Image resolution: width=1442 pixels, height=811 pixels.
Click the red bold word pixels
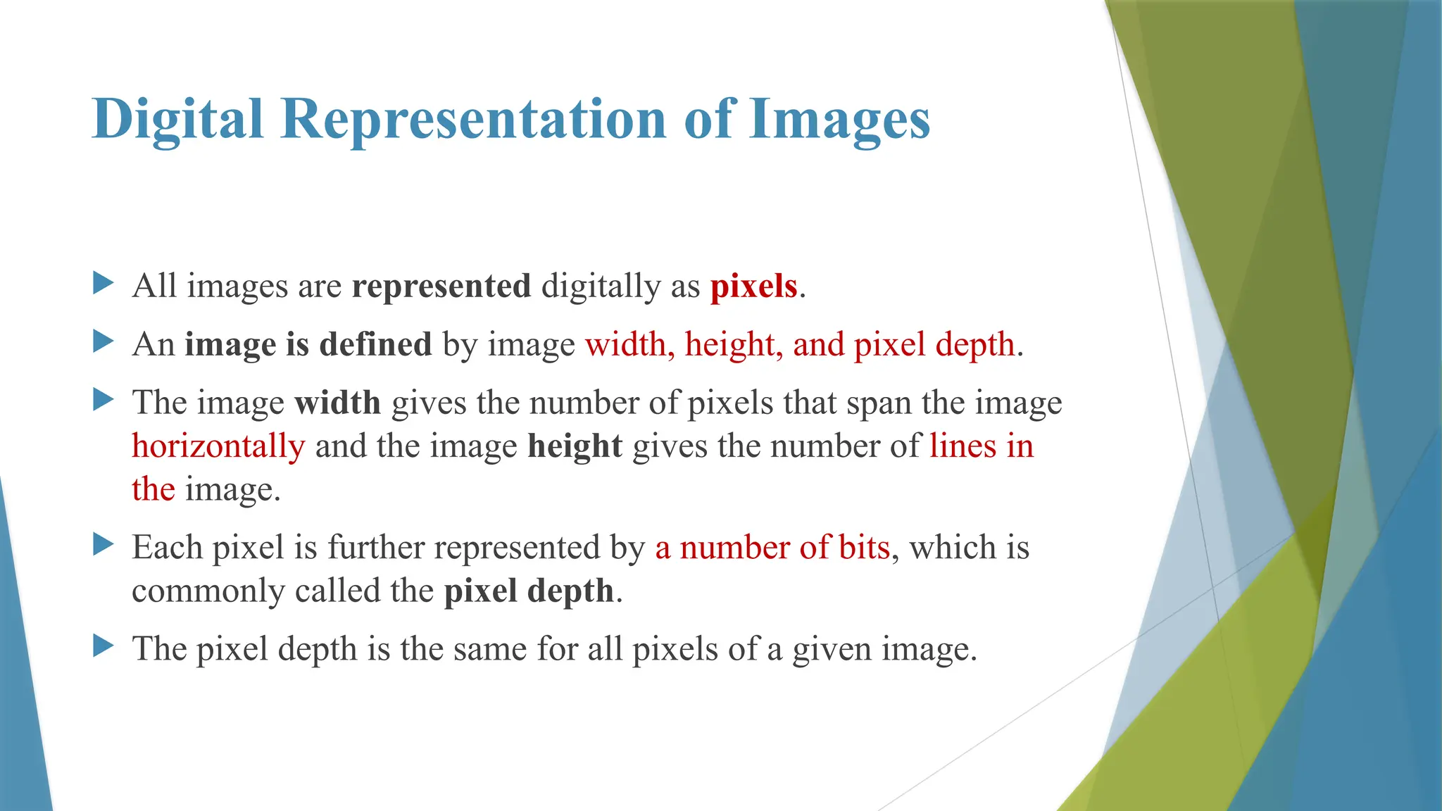(753, 287)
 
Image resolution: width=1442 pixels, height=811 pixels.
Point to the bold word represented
(441, 287)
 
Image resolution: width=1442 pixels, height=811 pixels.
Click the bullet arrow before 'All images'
(103, 284)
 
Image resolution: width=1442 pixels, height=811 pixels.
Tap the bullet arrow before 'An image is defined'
(103, 342)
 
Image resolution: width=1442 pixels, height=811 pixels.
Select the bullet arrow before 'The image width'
(103, 401)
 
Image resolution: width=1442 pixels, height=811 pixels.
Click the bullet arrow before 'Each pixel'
(103, 544)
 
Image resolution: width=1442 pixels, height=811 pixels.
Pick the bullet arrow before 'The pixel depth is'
(103, 646)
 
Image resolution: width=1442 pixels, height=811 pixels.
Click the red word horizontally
(218, 446)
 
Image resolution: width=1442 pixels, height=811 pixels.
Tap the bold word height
(575, 446)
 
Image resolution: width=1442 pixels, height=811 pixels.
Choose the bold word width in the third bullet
(338, 403)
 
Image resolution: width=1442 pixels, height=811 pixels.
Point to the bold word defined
(375, 344)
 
